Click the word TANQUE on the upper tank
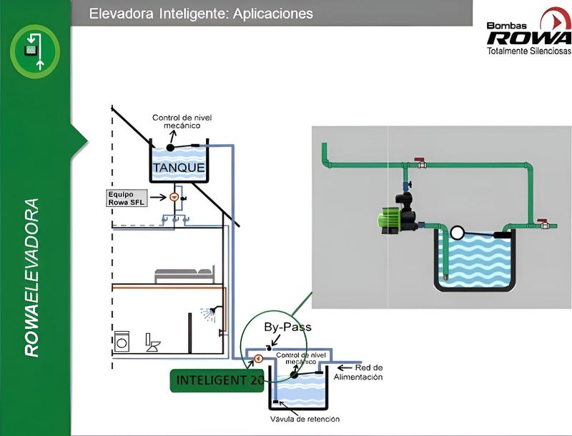(179, 168)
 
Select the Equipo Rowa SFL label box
(127, 198)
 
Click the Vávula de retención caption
(305, 419)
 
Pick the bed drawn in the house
(184, 274)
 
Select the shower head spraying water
(210, 313)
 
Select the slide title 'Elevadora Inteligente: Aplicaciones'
(201, 14)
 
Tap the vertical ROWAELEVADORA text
(31, 278)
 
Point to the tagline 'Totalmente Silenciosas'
(528, 52)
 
